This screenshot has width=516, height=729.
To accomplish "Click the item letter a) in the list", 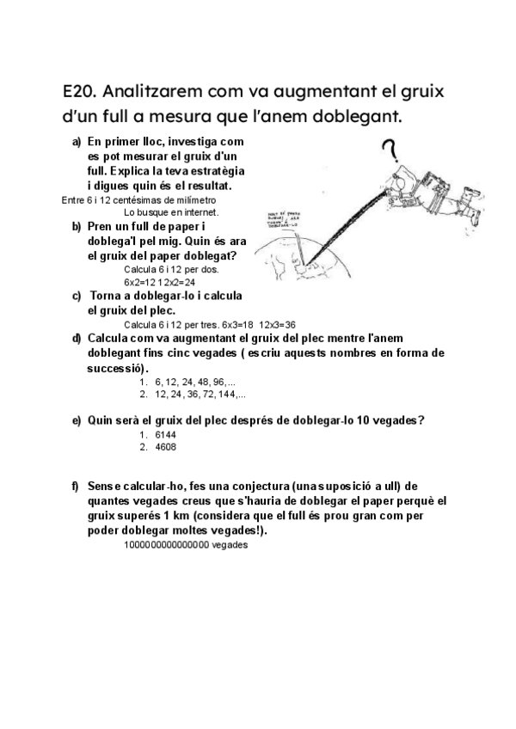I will (x=77, y=140).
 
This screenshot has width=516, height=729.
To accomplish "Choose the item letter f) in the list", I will (x=77, y=487).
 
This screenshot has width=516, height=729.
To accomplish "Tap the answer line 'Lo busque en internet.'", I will (x=171, y=211).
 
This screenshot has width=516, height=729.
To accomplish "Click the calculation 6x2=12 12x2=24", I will (x=160, y=281).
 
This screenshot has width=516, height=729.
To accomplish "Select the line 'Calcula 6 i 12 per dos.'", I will (x=171, y=269).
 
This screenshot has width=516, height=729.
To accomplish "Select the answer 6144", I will (x=165, y=436).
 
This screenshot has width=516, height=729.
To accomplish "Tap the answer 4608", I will (x=165, y=448).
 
